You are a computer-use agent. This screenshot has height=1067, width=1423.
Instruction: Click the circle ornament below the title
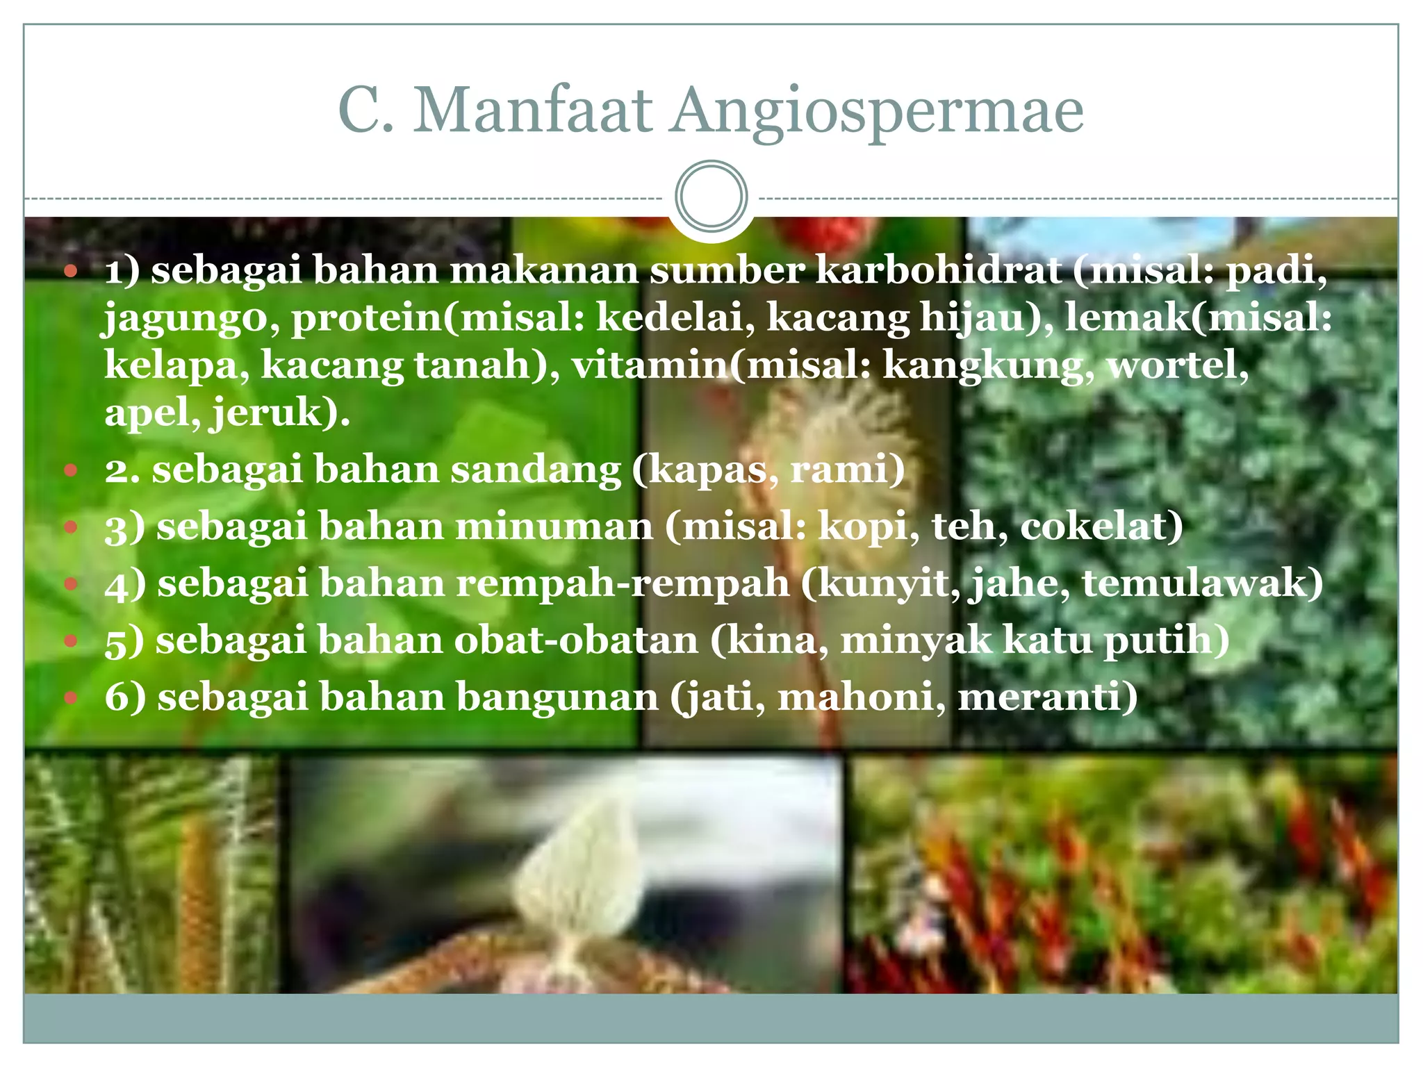[711, 197]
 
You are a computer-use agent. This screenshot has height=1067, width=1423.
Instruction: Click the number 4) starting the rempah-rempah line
[125, 584]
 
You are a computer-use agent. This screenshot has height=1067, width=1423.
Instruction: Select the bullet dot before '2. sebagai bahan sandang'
[70, 471]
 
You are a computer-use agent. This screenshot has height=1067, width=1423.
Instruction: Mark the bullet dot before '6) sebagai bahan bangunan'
[70, 697]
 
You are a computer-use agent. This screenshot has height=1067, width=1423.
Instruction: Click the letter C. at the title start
[365, 111]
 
